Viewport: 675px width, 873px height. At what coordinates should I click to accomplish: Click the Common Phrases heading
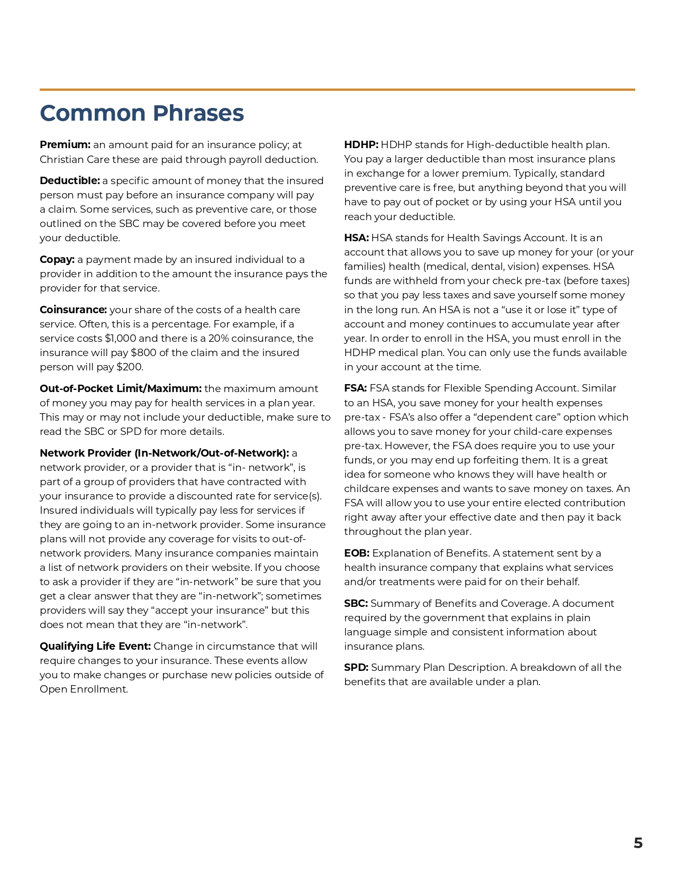142,113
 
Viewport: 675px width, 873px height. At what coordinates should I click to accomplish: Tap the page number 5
638,843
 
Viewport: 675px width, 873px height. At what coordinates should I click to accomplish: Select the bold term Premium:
65,145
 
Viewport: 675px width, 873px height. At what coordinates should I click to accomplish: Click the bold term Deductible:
70,181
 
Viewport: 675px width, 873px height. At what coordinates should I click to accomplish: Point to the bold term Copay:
57,260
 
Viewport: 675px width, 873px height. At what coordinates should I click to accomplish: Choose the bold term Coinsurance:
73,310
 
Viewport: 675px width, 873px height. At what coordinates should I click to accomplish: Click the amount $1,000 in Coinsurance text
120,339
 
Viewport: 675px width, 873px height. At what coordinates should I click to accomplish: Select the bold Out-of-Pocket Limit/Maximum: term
121,389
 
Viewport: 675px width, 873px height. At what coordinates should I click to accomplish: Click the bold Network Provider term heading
164,453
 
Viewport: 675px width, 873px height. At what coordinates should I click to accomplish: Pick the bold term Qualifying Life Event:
95,647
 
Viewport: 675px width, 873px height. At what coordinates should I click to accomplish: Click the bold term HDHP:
361,145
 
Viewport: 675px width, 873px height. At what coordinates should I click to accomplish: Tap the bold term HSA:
356,238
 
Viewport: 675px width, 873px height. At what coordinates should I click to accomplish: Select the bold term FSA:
355,388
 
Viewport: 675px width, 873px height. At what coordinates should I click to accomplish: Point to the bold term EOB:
357,553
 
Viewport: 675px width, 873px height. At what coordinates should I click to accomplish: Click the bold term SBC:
356,604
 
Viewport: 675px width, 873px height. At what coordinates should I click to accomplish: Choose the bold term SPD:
356,668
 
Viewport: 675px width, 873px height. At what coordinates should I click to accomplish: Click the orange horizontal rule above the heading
337,89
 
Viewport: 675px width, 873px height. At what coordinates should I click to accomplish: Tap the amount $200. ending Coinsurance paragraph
130,367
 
